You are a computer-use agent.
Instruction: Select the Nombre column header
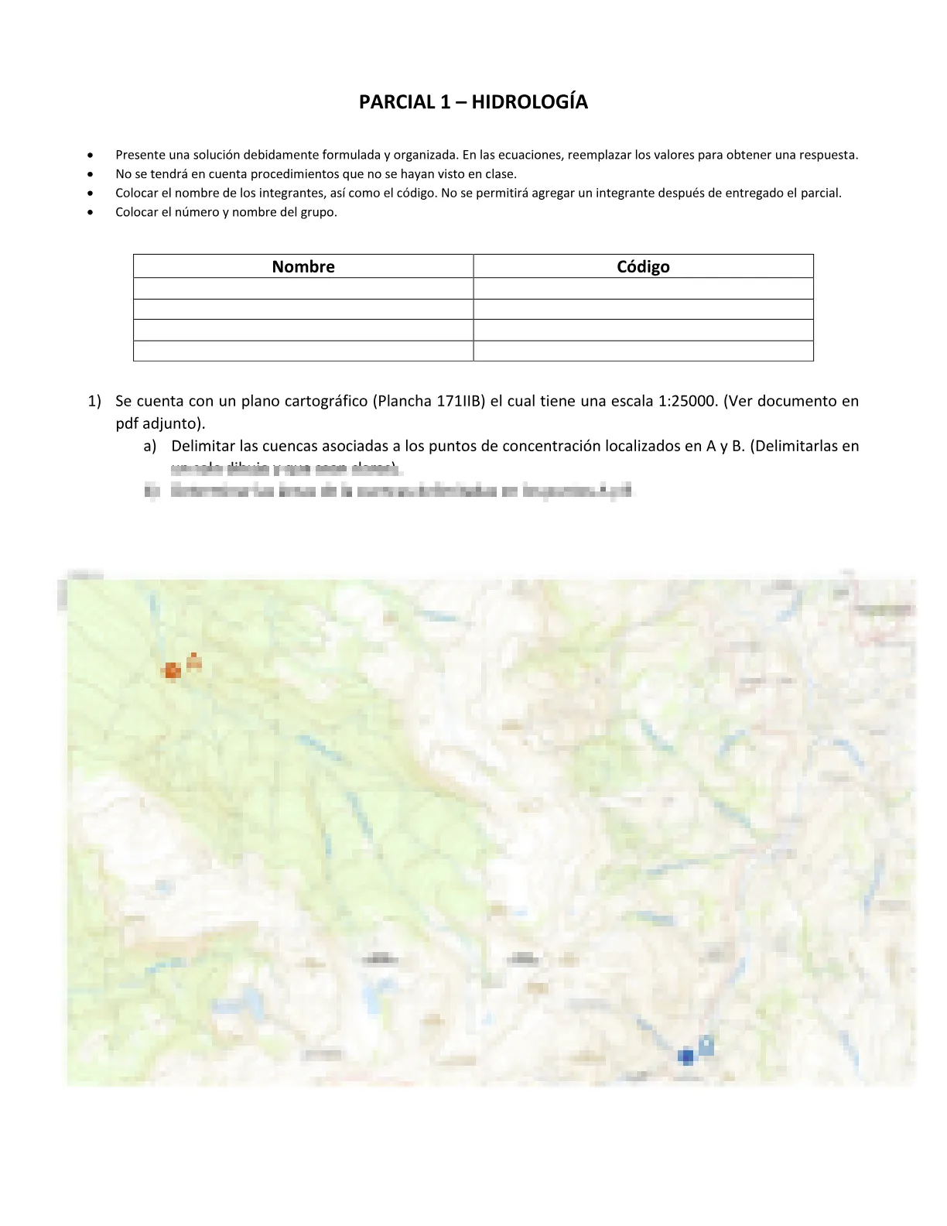click(303, 267)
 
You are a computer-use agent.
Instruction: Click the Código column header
click(643, 267)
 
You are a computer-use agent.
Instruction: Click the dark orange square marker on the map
click(173, 670)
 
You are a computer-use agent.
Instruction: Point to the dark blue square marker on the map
click(685, 1056)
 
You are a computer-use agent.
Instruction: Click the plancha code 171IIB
click(460, 401)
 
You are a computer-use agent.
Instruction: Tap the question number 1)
click(94, 401)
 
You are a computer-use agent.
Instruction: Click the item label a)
click(150, 446)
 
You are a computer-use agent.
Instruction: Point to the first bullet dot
click(91, 155)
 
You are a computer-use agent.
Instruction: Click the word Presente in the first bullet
click(139, 155)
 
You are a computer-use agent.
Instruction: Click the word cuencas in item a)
click(292, 446)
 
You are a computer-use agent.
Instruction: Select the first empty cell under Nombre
click(303, 289)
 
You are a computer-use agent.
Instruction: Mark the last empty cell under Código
click(643, 351)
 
